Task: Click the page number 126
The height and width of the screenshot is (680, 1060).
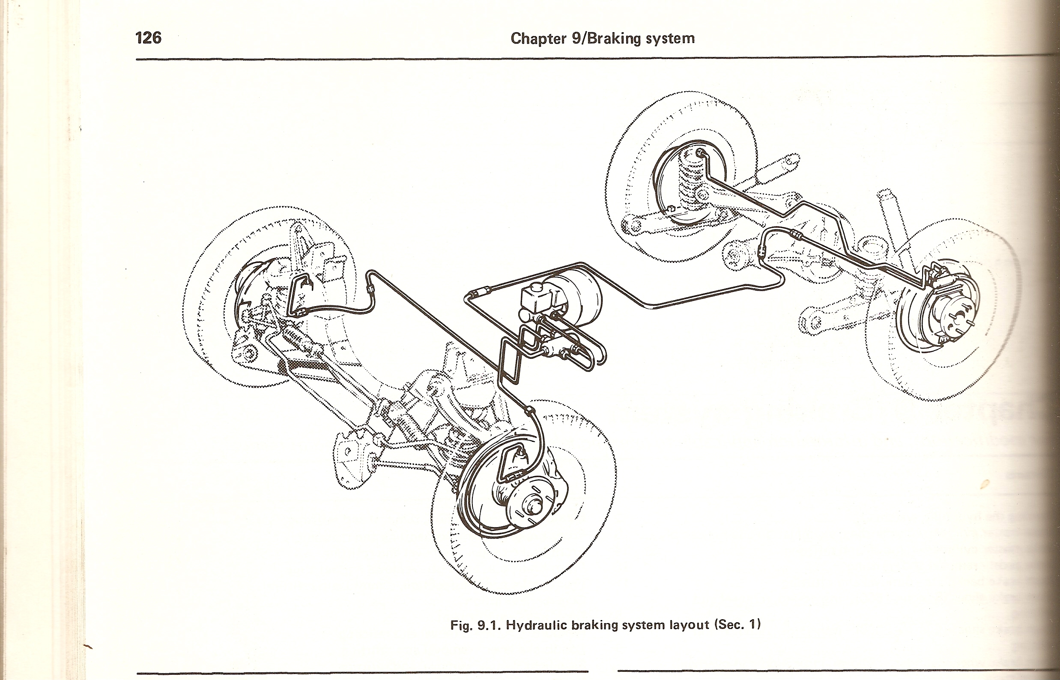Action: [148, 38]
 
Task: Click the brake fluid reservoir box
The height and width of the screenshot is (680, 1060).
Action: [536, 300]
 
